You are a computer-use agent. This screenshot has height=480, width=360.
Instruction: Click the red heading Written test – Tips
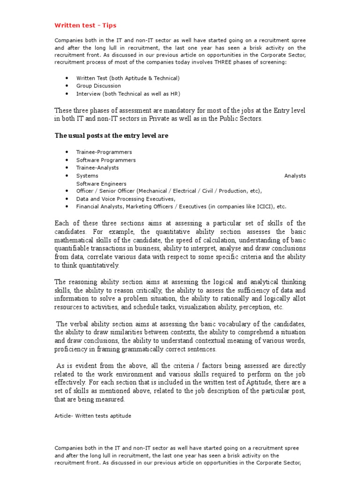tap(85, 25)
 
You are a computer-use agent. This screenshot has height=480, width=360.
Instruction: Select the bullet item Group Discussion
tap(98, 86)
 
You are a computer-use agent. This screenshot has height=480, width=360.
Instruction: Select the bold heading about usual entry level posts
tap(112, 135)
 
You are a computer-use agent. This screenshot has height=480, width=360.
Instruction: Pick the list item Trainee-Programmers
tap(104, 152)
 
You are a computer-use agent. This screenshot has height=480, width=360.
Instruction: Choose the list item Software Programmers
tap(106, 160)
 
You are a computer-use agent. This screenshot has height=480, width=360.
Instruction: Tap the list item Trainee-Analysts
tap(97, 168)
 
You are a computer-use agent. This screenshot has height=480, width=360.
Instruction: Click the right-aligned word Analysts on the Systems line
tap(295, 176)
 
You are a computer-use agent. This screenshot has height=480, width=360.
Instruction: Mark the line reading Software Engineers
tap(101, 184)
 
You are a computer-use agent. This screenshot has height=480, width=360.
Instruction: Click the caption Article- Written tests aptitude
tap(93, 416)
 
